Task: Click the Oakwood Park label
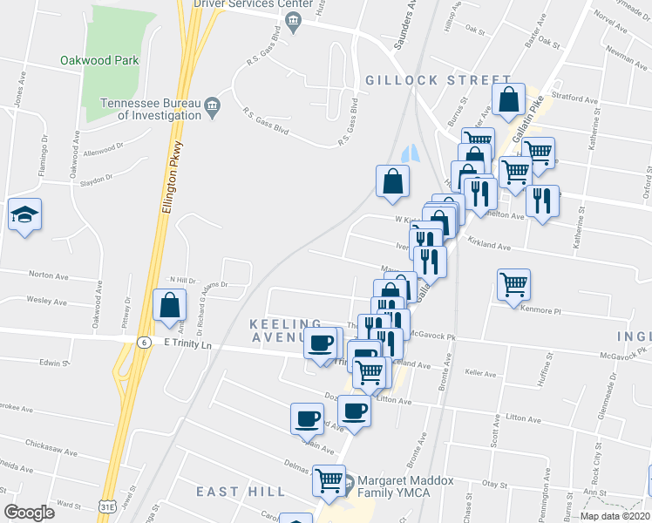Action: (x=99, y=61)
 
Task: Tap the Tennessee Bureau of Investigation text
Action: (x=150, y=108)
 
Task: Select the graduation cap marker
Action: (x=24, y=214)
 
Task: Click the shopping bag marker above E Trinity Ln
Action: (x=169, y=305)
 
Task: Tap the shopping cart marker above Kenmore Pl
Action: (x=513, y=283)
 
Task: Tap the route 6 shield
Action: (x=141, y=343)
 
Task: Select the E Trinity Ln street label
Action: (x=188, y=344)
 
